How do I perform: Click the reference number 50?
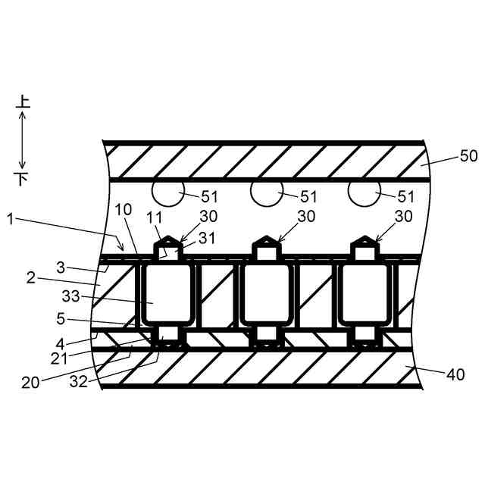(x=468, y=157)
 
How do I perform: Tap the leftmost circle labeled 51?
(x=164, y=192)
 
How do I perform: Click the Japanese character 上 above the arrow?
(x=23, y=101)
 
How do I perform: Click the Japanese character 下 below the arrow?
(x=23, y=180)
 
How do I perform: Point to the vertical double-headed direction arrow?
(x=23, y=140)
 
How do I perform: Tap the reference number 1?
(x=9, y=220)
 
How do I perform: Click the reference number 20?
(x=31, y=383)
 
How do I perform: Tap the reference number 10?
(x=123, y=208)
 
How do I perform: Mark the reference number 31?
(x=206, y=237)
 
